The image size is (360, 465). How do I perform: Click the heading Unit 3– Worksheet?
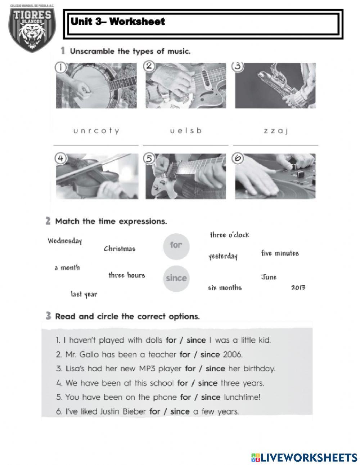coord(118,22)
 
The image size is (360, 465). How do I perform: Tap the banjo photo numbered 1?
coord(96,85)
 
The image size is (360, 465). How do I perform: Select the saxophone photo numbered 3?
coord(275,85)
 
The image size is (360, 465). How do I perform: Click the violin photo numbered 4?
coord(96,176)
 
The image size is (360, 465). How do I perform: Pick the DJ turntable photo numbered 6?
coord(275,176)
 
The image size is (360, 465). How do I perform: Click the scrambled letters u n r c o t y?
coord(96,131)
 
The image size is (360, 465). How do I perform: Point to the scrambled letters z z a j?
coord(275,131)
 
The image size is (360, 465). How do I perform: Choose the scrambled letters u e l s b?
coord(186,130)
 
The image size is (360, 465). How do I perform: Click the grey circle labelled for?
coord(176,245)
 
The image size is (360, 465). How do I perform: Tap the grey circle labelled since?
coord(176,278)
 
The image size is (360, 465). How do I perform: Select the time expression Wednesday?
coord(65,241)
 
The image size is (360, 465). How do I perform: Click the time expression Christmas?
coord(120,249)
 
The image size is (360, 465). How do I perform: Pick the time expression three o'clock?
coord(229,235)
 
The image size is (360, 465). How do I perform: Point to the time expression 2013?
coord(298,288)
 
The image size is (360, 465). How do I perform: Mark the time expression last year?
coord(84,294)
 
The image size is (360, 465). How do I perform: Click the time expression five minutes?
coord(280,253)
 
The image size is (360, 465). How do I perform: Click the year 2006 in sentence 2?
coord(233,354)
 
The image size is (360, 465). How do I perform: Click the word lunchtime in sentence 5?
coord(242,397)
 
